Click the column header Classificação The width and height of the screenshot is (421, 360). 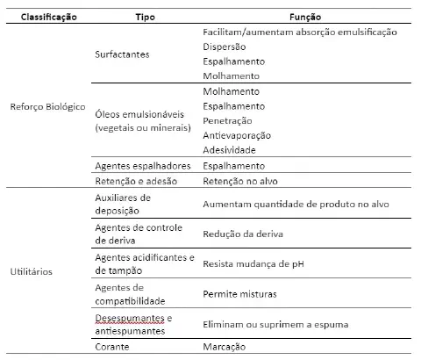tap(48, 17)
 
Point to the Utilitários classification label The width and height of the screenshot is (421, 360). tap(33, 271)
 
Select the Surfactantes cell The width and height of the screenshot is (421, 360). tap(122, 54)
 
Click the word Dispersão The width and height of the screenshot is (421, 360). tap(224, 47)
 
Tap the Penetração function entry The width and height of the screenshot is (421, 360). tap(227, 120)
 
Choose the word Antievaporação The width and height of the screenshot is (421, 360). tap(237, 135)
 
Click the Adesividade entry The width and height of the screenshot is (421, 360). tap(230, 150)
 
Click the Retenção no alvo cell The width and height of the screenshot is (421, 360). tap(239, 182)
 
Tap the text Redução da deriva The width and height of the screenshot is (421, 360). tap(243, 234)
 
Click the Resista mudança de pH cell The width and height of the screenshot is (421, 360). tap(253, 263)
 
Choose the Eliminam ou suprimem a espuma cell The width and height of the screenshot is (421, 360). tap(275, 324)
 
